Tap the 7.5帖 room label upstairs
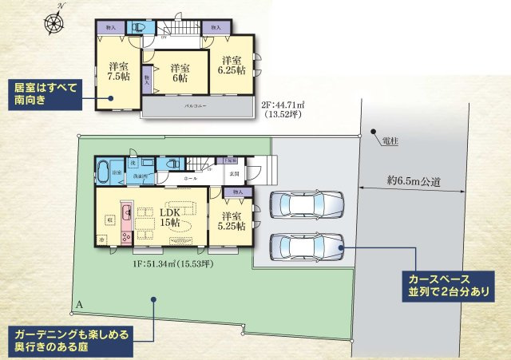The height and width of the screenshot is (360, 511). pyautogui.click(x=119, y=72)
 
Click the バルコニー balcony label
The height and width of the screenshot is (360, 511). pyautogui.click(x=197, y=105)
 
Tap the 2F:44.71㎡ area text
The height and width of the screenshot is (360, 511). pyautogui.click(x=288, y=104)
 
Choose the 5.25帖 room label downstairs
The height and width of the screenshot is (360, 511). pyautogui.click(x=232, y=222)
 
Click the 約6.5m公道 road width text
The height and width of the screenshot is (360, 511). pyautogui.click(x=414, y=181)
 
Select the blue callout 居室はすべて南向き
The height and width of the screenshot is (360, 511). pyautogui.click(x=41, y=93)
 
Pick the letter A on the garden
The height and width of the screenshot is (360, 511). pyautogui.click(x=80, y=304)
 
